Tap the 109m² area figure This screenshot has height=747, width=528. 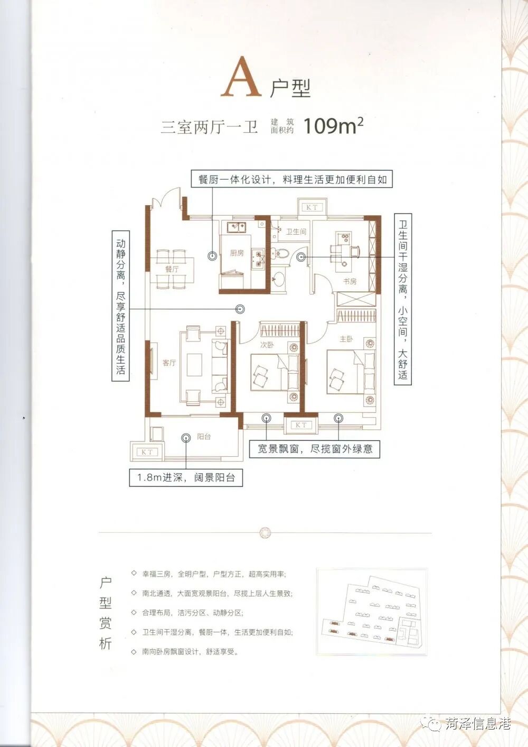[x=333, y=126]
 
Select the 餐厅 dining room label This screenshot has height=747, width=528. [x=172, y=269]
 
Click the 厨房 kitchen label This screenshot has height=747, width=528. [x=237, y=253]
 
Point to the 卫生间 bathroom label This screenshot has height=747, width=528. [x=296, y=232]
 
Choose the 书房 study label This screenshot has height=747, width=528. [x=350, y=281]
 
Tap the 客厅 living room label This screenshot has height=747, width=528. [x=169, y=363]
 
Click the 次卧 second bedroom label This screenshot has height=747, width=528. [x=267, y=345]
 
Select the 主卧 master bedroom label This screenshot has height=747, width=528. [x=346, y=339]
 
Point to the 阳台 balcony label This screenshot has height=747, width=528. [x=203, y=436]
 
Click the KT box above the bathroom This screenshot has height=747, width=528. [x=312, y=207]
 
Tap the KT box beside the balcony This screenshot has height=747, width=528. [x=147, y=452]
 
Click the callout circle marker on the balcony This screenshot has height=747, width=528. [x=185, y=438]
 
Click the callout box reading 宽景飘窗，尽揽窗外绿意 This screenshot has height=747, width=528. [x=315, y=449]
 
